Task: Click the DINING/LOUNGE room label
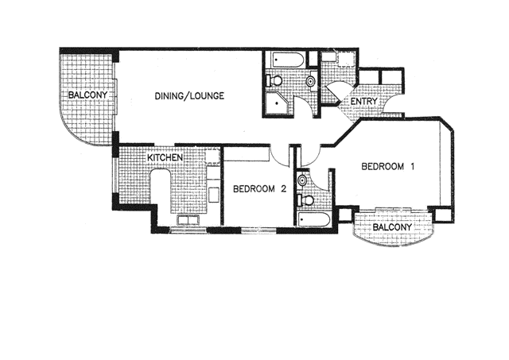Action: click(x=188, y=96)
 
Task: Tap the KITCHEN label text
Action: click(x=165, y=158)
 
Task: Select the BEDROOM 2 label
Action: click(x=258, y=189)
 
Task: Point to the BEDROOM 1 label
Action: click(x=389, y=167)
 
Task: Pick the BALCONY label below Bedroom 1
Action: click(x=393, y=228)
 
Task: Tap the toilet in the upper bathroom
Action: click(x=275, y=80)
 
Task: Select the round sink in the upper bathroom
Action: click(x=310, y=79)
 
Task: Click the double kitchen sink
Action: click(x=188, y=220)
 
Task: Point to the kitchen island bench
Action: click(x=160, y=195)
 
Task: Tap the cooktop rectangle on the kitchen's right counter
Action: click(x=213, y=193)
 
